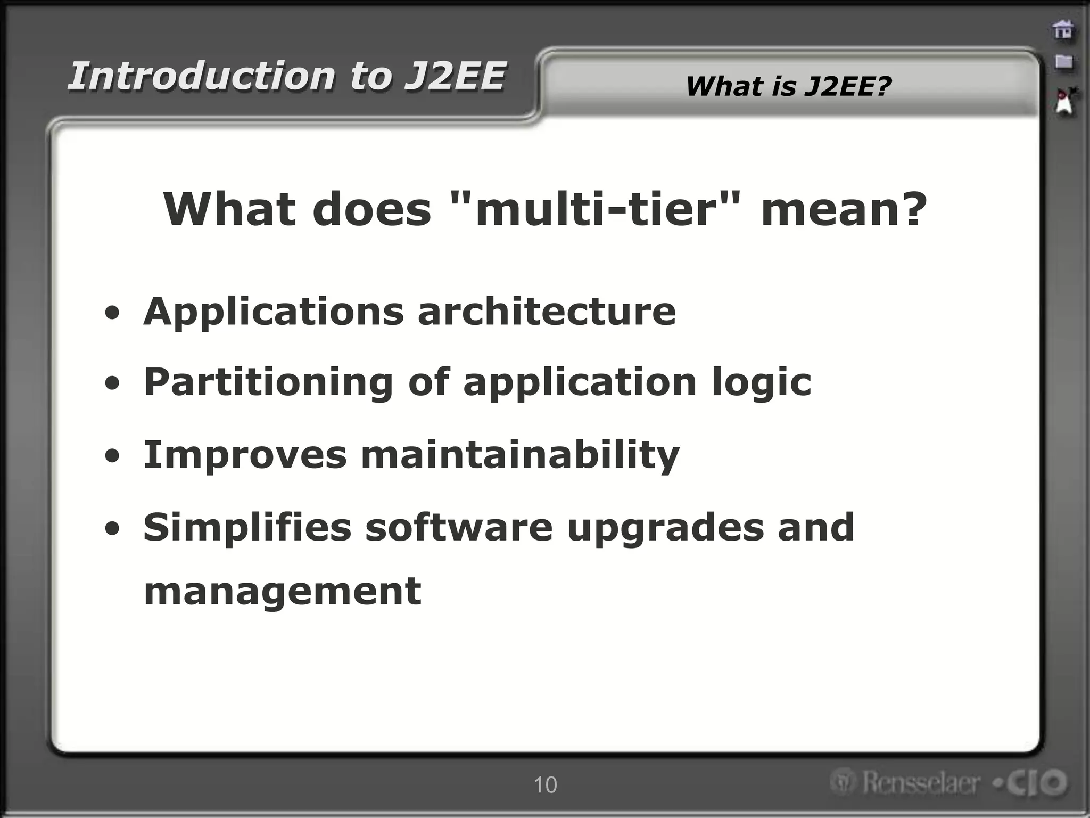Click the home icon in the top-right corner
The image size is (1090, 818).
click(1063, 30)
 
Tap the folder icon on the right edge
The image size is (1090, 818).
click(1063, 62)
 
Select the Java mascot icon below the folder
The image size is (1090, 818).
click(1065, 102)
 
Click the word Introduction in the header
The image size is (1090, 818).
click(202, 76)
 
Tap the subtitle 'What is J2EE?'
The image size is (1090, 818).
click(788, 86)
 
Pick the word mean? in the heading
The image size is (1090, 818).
click(844, 209)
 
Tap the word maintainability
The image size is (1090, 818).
click(520, 455)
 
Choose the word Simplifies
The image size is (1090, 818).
click(247, 527)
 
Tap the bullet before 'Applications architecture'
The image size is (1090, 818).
click(112, 313)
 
